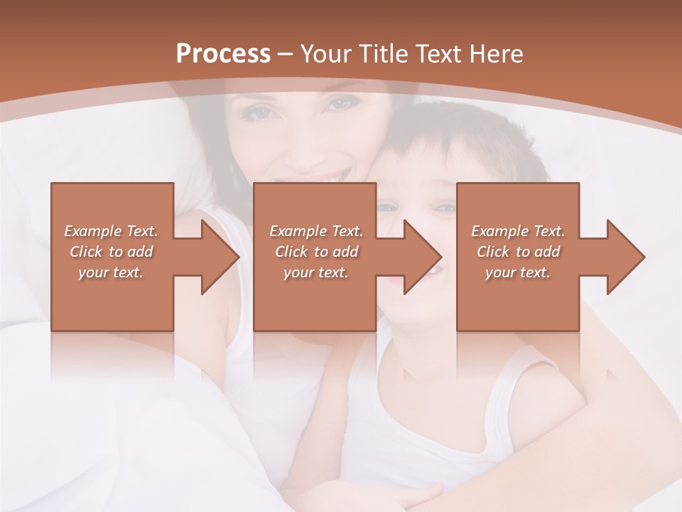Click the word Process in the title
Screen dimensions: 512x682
pyautogui.click(x=223, y=54)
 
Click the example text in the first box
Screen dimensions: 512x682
pyautogui.click(x=111, y=252)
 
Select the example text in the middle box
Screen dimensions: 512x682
pyautogui.click(x=315, y=252)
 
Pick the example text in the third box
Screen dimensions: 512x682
pyautogui.click(x=517, y=252)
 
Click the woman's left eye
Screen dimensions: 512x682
pyautogui.click(x=338, y=104)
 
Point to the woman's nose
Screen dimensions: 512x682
pyautogui.click(x=298, y=142)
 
